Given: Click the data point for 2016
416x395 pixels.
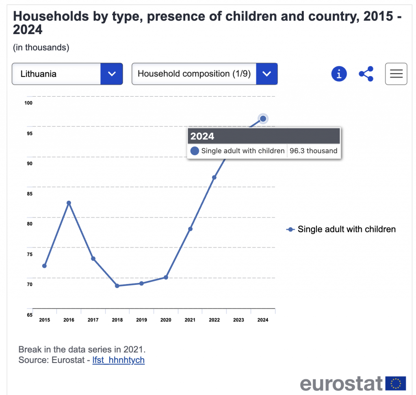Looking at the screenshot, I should pyautogui.click(x=69, y=203).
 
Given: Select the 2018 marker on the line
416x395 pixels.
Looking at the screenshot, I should pyautogui.click(x=117, y=286).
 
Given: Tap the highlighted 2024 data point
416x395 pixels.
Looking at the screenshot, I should pyautogui.click(x=263, y=119).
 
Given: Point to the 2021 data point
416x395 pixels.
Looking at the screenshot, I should pyautogui.click(x=190, y=229).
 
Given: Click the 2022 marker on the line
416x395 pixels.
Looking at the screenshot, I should pyautogui.click(x=214, y=177).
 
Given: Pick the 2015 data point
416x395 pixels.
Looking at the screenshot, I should pyautogui.click(x=44, y=266).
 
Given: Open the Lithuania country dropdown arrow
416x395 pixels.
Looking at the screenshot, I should pyautogui.click(x=112, y=74).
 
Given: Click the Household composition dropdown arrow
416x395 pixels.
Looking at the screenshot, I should pyautogui.click(x=267, y=74).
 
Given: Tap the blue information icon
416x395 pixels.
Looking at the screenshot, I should pyautogui.click(x=339, y=74).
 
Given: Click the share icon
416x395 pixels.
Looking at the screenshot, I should pyautogui.click(x=366, y=74).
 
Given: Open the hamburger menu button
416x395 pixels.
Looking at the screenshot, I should pyautogui.click(x=396, y=74).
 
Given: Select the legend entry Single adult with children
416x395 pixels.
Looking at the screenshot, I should pyautogui.click(x=346, y=229).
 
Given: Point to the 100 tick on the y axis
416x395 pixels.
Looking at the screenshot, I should pyautogui.click(x=28, y=103).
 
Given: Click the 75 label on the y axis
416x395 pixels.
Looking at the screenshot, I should pyautogui.click(x=29, y=254).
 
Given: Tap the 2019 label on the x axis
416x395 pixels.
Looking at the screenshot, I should pyautogui.click(x=141, y=320).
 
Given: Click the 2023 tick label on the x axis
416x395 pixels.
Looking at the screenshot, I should pyautogui.click(x=238, y=320).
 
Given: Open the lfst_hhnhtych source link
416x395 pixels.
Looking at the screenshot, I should pyautogui.click(x=118, y=360).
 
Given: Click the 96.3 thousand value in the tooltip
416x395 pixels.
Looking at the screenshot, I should pyautogui.click(x=313, y=151).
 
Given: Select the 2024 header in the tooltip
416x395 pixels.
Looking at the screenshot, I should pyautogui.click(x=202, y=136).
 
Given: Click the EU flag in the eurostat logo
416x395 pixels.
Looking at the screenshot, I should pyautogui.click(x=395, y=383).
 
